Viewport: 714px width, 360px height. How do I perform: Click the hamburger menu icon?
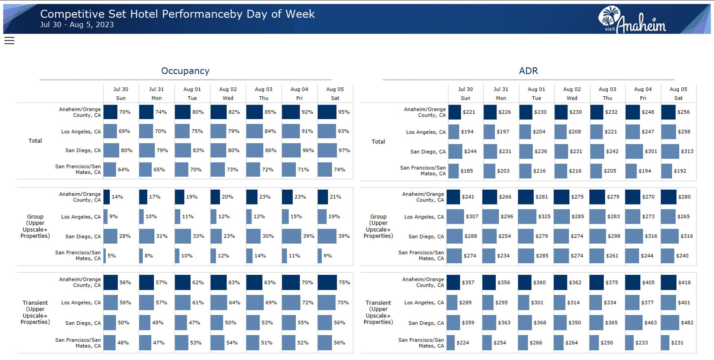pyautogui.click(x=9, y=41)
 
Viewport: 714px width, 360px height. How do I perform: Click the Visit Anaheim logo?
pyautogui.click(x=632, y=20)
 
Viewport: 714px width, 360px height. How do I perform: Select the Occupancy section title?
pyautogui.click(x=185, y=71)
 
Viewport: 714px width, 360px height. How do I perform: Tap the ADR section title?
pyautogui.click(x=528, y=71)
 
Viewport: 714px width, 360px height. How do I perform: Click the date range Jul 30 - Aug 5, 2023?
pyautogui.click(x=77, y=25)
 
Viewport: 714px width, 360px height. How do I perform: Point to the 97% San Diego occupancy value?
pyautogui.click(x=344, y=151)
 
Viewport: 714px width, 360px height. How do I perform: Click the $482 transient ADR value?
pyautogui.click(x=687, y=323)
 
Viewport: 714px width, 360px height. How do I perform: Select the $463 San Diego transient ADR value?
pyautogui.click(x=650, y=323)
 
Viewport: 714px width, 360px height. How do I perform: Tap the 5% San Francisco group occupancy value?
pyautogui.click(x=112, y=256)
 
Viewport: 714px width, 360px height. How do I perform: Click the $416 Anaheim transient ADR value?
pyautogui.click(x=684, y=283)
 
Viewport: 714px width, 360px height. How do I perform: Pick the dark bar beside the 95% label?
pyautogui.click(x=327, y=112)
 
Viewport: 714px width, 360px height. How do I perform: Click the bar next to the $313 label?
pyautogui.click(x=670, y=151)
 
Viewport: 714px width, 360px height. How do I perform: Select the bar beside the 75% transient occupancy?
pyautogui.click(x=327, y=283)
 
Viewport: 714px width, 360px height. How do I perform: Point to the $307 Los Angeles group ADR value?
pyautogui.click(x=472, y=216)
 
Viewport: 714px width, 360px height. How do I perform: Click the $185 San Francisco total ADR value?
pyautogui.click(x=467, y=171)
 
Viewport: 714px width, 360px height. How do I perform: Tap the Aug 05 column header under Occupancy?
pyautogui.click(x=335, y=94)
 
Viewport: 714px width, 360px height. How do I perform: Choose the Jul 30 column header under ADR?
pyautogui.click(x=465, y=94)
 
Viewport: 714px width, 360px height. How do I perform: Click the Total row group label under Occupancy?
pyautogui.click(x=35, y=141)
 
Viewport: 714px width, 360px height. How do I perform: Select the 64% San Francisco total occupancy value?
pyautogui.click(x=123, y=170)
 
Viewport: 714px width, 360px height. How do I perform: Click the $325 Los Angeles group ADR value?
pyautogui.click(x=544, y=216)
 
